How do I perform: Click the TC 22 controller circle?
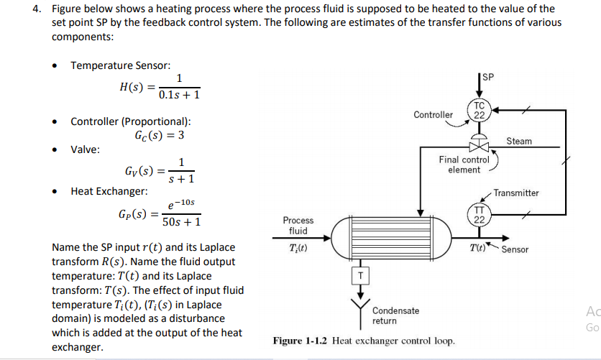480,110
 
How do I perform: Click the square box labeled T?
361,274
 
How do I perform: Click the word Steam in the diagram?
519,141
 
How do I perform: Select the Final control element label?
464,165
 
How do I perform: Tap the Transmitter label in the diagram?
515,193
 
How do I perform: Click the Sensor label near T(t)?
515,249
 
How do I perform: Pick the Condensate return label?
396,315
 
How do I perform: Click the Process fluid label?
298,225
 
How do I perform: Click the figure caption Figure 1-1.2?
363,340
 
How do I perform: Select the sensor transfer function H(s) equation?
160,87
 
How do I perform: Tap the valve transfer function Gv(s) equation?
157,172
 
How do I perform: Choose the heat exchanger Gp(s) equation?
159,214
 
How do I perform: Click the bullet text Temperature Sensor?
120,65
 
